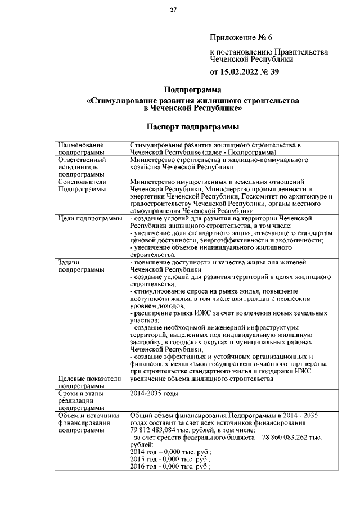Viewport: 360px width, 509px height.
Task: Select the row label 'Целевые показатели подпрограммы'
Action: [89, 382]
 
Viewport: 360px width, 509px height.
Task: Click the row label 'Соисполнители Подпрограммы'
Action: [82, 186]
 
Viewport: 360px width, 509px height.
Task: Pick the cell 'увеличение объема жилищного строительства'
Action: [201, 379]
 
